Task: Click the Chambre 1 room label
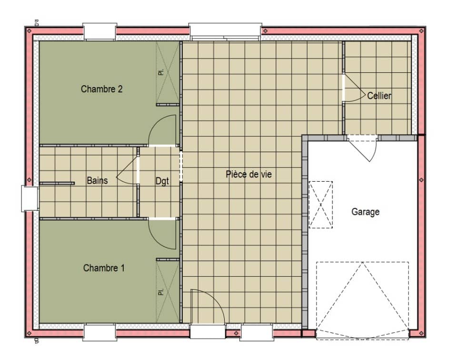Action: [x=104, y=268]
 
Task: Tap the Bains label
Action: [x=97, y=181]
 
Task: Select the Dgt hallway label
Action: [x=162, y=181]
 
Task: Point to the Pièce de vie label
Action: [x=248, y=175]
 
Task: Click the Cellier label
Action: [x=379, y=96]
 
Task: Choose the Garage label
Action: [x=366, y=212]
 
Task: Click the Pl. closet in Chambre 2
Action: [x=167, y=72]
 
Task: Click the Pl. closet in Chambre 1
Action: [x=167, y=291]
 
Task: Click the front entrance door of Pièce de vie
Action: [x=207, y=307]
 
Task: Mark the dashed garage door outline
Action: [x=362, y=300]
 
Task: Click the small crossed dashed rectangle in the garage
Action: [x=321, y=204]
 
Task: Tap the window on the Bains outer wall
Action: [x=30, y=198]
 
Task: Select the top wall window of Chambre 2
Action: [x=99, y=31]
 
